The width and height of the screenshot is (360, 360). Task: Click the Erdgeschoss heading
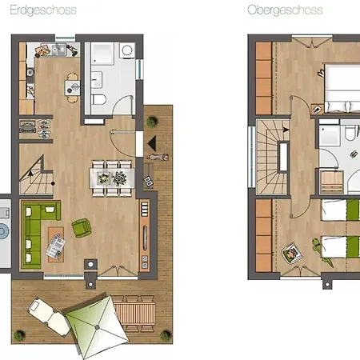coord(43,10)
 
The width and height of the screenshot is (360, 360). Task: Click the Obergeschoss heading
coord(285,10)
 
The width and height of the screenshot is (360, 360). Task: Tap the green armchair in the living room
coord(82,228)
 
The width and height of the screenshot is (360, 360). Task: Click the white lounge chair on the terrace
coord(50,317)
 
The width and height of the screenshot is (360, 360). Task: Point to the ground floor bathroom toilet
coord(98,99)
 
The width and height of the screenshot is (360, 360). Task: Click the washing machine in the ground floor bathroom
coord(127,50)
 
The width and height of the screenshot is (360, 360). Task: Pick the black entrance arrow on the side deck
coord(152,143)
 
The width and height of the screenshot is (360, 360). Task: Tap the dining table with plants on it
coord(112,178)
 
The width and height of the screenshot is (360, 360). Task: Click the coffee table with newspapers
coord(56,245)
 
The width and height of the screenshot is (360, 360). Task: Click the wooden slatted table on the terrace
coord(134,313)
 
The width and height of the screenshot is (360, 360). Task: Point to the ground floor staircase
coord(36,174)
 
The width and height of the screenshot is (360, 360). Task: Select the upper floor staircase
coord(273,158)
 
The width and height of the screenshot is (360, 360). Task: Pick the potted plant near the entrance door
coord(152,122)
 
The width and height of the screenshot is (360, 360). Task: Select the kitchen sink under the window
coord(59,50)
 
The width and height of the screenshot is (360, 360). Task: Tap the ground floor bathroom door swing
coord(122,106)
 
